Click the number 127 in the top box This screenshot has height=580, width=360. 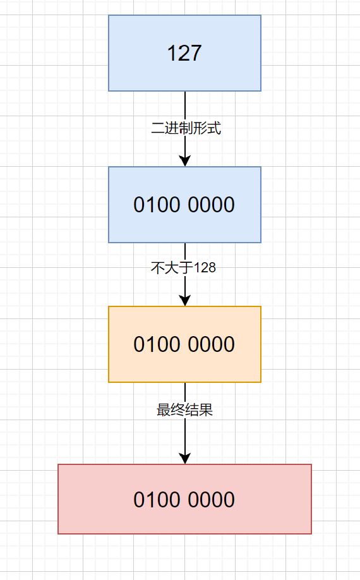click(x=184, y=54)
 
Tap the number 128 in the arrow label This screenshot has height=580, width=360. click(x=205, y=268)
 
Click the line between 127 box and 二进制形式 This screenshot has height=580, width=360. click(x=185, y=105)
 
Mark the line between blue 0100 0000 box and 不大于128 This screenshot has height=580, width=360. click(x=185, y=251)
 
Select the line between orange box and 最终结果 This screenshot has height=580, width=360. click(x=185, y=392)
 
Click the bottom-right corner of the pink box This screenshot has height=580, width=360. click(x=311, y=534)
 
